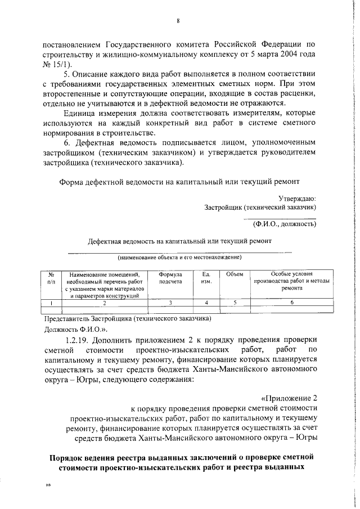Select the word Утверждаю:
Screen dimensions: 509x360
[297, 197]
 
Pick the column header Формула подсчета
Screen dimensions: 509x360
[170, 277]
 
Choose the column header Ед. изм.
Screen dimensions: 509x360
[205, 277]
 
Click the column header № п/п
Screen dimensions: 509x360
[51, 277]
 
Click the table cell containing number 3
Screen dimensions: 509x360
[170, 303]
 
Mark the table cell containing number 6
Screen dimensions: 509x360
[292, 303]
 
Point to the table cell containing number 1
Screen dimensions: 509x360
[51, 303]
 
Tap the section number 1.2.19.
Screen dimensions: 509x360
[78, 340]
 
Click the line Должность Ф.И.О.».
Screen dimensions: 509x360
[71, 329]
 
